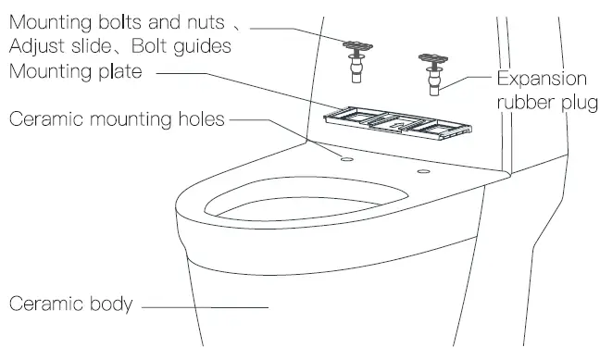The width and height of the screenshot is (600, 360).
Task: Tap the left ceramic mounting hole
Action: click(x=347, y=158)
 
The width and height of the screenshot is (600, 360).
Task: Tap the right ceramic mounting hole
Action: click(x=423, y=172)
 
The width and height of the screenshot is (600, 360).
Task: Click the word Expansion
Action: click(x=543, y=80)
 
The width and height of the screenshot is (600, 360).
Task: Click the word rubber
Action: click(x=522, y=101)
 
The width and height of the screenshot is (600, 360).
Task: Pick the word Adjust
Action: click(x=34, y=46)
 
